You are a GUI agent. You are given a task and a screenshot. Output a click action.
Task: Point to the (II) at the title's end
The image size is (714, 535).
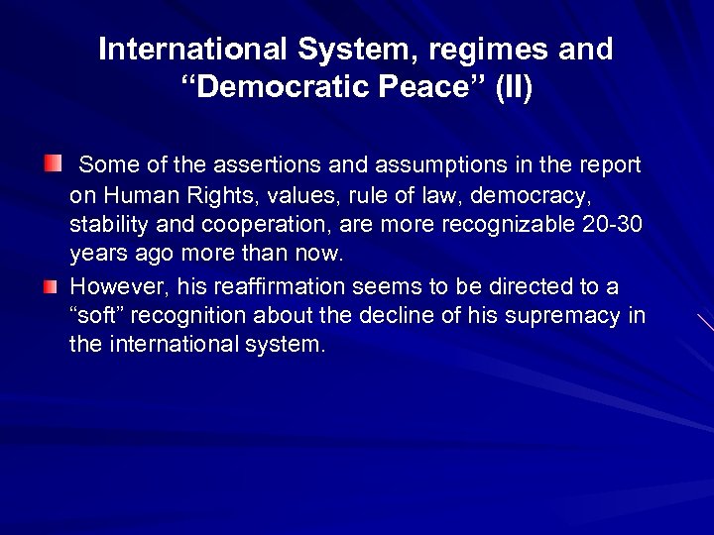coord(511,87)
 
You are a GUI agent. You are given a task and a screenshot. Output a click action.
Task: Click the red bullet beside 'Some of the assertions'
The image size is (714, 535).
coord(51,161)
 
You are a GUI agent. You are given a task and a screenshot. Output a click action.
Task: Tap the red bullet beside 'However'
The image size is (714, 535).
coord(51,285)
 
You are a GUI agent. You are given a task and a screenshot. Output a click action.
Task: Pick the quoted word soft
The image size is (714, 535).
coord(99,316)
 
